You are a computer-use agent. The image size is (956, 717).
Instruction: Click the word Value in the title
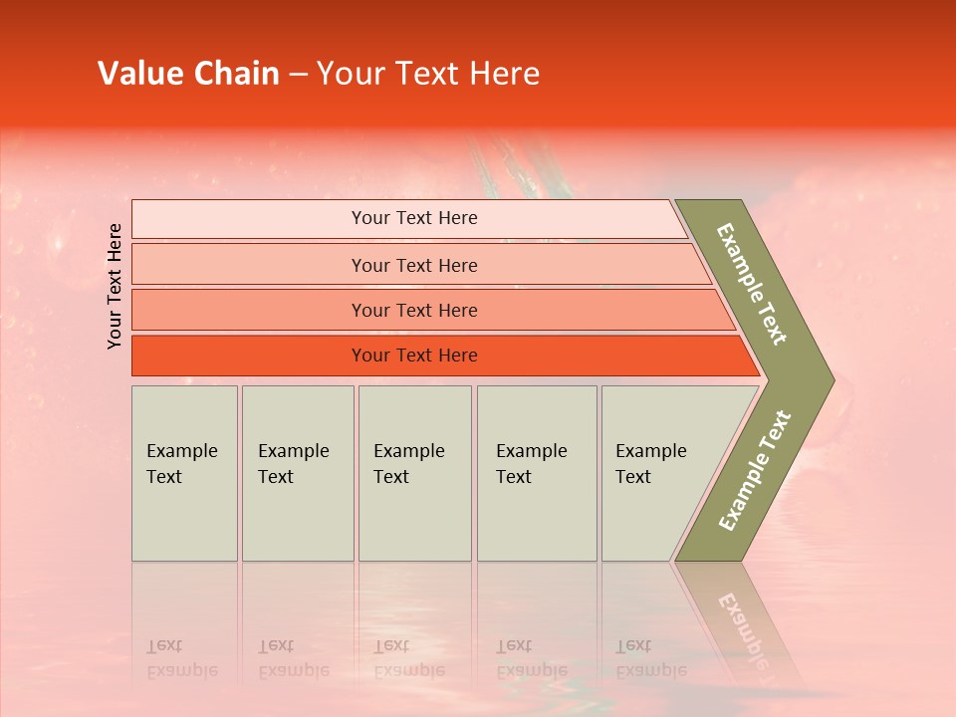click(x=136, y=74)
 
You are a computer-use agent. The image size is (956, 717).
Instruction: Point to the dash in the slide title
click(x=298, y=75)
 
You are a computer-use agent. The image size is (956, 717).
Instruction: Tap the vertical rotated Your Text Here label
click(x=115, y=286)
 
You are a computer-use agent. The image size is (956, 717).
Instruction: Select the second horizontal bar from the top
click(x=414, y=265)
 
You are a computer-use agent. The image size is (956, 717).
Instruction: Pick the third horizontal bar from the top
click(x=414, y=310)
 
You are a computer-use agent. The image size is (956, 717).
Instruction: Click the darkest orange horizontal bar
click(x=414, y=356)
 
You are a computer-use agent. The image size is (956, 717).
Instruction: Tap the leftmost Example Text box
click(x=184, y=473)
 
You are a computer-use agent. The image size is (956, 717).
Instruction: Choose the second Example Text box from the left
click(x=297, y=473)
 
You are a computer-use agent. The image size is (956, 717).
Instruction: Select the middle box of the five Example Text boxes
click(x=414, y=473)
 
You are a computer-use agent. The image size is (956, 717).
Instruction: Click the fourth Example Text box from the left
click(x=536, y=473)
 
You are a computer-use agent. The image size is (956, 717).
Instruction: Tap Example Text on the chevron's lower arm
click(x=755, y=472)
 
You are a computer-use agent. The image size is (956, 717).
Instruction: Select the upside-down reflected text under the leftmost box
click(x=181, y=658)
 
